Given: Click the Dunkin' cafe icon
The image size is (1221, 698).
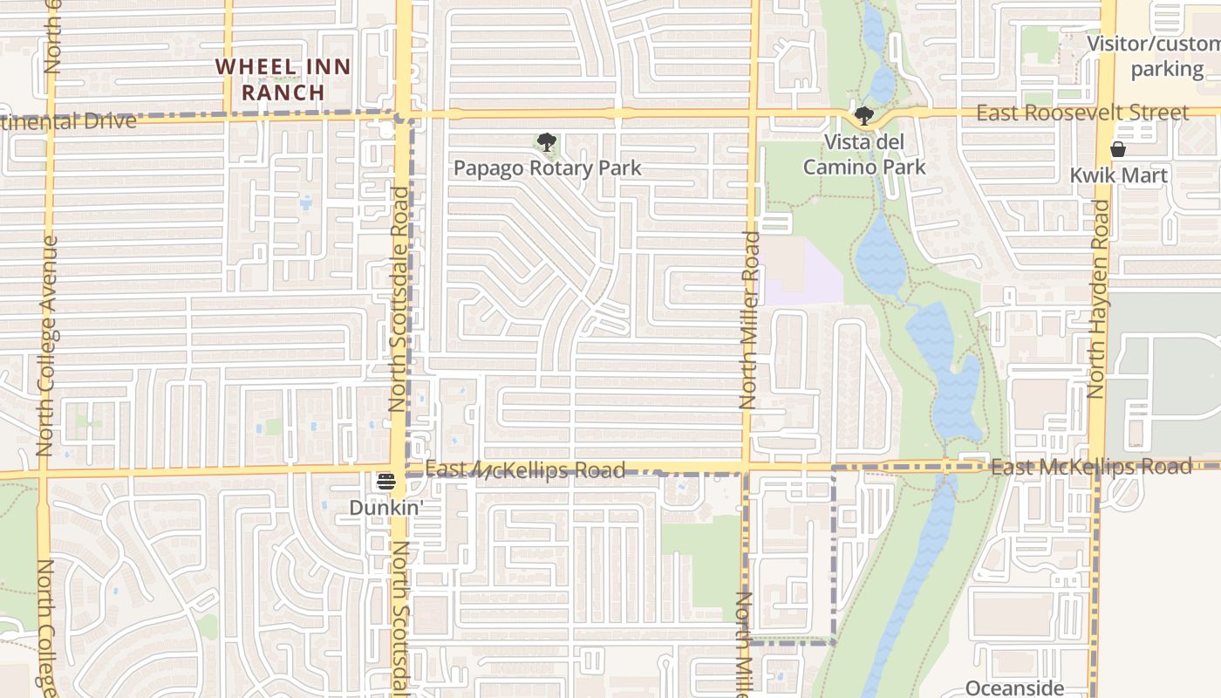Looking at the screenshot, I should pyautogui.click(x=385, y=481).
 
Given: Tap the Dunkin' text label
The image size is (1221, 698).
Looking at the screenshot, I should pyautogui.click(x=385, y=507).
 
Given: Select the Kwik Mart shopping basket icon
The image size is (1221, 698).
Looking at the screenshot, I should pyautogui.click(x=1118, y=149).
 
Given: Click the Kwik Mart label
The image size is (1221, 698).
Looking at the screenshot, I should pyautogui.click(x=1118, y=175).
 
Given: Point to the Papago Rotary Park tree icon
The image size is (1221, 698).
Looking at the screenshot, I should pyautogui.click(x=547, y=142).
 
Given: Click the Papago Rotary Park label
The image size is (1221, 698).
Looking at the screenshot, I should pyautogui.click(x=547, y=168).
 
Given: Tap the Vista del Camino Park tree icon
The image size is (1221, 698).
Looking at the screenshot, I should pyautogui.click(x=863, y=115).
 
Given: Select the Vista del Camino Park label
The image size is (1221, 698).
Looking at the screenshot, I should pyautogui.click(x=863, y=154).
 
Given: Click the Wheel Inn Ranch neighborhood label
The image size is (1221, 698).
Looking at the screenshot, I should pyautogui.click(x=283, y=79).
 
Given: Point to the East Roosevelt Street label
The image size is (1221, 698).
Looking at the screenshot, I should pyautogui.click(x=1081, y=113).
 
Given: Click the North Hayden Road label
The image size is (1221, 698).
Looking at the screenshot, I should pyautogui.click(x=1100, y=299).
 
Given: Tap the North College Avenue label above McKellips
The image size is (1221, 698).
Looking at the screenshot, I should pyautogui.click(x=47, y=346).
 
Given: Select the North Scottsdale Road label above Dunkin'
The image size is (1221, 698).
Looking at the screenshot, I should pyautogui.click(x=399, y=299).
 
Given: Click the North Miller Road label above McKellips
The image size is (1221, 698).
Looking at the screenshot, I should pyautogui.click(x=749, y=319).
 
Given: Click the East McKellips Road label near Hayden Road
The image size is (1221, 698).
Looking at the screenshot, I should pyautogui.click(x=1090, y=467).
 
